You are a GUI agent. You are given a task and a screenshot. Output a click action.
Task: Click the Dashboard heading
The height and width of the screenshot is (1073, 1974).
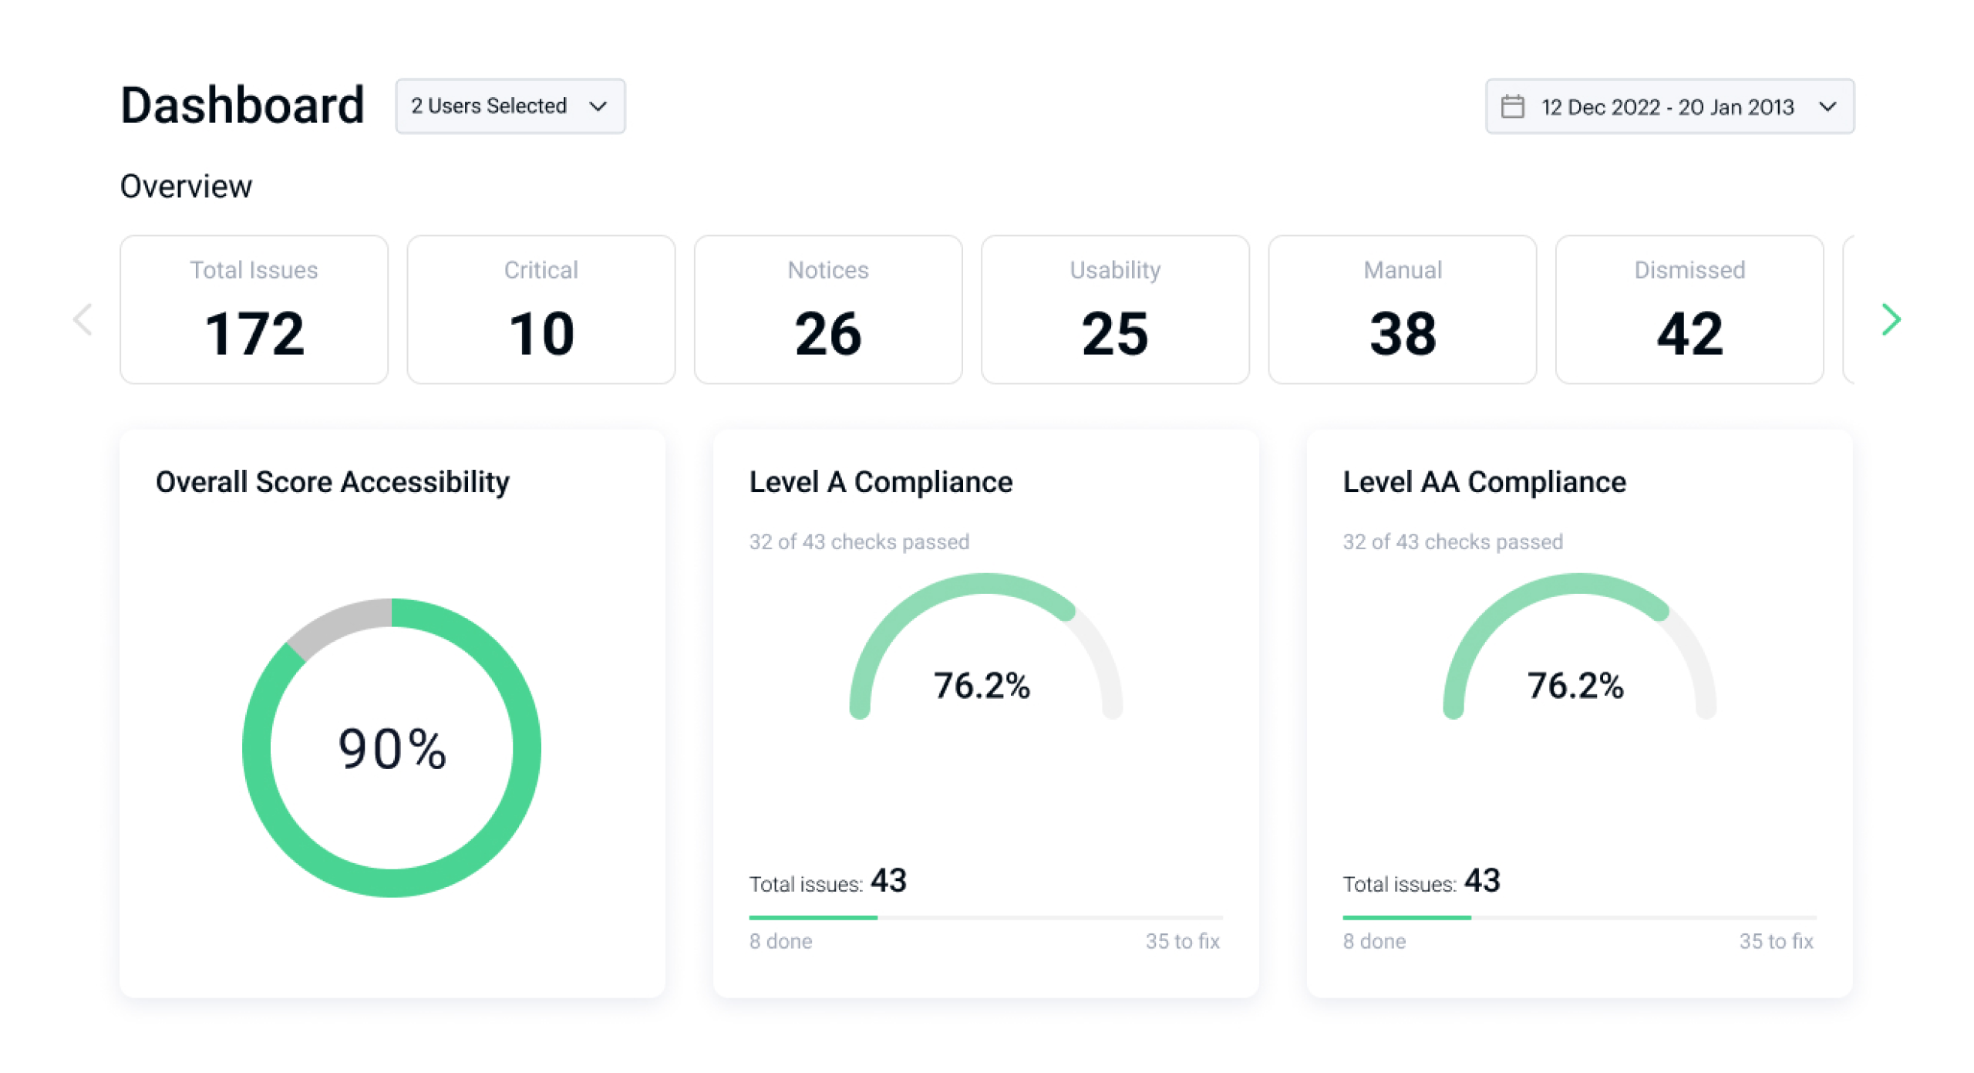242,106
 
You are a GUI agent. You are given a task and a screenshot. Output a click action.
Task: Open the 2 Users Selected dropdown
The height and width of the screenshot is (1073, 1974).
510,106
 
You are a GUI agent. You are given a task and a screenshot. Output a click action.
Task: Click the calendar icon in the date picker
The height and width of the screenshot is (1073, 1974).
1512,106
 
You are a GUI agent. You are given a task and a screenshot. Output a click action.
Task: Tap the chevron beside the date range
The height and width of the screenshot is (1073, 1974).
1827,106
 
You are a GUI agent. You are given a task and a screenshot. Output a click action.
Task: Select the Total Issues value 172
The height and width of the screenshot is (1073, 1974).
254,334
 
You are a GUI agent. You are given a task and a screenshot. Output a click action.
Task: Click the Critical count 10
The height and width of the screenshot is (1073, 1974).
541,334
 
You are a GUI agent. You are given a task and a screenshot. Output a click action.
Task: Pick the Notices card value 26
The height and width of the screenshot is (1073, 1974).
828,334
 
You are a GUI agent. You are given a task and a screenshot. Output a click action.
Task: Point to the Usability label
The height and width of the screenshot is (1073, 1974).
1115,270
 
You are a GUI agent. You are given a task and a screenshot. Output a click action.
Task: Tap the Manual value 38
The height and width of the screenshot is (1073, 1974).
1403,334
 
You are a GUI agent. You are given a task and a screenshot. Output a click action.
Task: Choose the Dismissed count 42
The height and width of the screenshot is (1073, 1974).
1689,334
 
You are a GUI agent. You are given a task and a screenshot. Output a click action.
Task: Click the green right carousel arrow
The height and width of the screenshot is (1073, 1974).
1891,319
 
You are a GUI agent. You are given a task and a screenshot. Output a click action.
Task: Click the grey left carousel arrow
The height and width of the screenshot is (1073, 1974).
83,319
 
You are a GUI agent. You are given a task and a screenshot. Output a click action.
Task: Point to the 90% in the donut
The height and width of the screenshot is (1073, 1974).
392,749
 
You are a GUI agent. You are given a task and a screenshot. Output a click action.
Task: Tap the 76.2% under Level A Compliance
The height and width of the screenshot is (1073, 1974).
982,686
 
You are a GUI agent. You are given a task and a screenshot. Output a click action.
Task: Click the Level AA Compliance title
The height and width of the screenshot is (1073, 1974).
1484,482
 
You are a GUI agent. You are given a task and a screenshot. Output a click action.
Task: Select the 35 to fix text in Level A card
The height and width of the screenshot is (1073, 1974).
1182,941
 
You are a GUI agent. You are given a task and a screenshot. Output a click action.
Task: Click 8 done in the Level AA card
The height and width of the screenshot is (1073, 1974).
1374,941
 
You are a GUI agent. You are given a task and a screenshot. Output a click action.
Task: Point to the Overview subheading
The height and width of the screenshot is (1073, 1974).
186,187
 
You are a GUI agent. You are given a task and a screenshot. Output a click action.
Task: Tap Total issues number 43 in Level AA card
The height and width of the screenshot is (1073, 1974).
1482,881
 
